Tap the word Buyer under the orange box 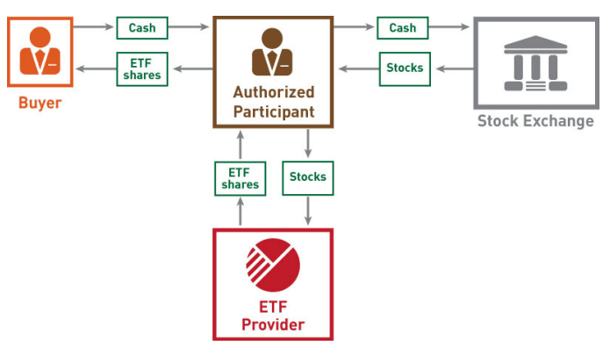pyautogui.click(x=40, y=103)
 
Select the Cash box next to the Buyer pyautogui.click(x=141, y=27)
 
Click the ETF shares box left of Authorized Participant pyautogui.click(x=141, y=68)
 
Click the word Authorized pyautogui.click(x=273, y=91)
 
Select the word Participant pyautogui.click(x=273, y=112)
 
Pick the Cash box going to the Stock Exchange pyautogui.click(x=402, y=27)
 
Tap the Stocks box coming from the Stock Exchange pyautogui.click(x=405, y=68)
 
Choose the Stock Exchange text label pyautogui.click(x=535, y=120)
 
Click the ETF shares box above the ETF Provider pyautogui.click(x=240, y=178)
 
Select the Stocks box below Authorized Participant pyautogui.click(x=308, y=177)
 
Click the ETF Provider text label pyautogui.click(x=273, y=316)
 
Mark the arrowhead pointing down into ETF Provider pyautogui.click(x=308, y=223)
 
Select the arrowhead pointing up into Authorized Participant pyautogui.click(x=240, y=133)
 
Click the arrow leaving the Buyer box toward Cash pyautogui.click(x=93, y=27)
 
